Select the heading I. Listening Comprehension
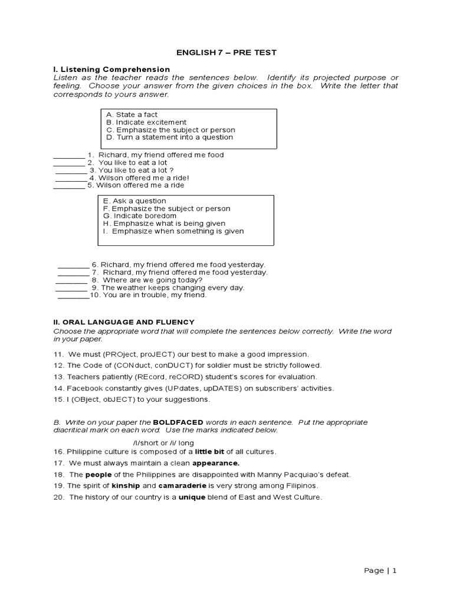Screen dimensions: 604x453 coord(111,70)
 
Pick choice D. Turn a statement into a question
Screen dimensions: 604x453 coord(169,137)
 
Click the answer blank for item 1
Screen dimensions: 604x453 coord(69,156)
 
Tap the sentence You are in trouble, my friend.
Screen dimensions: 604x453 coord(155,295)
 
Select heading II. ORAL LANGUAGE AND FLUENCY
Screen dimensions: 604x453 coord(124,321)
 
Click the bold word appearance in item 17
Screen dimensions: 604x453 coord(215,463)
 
